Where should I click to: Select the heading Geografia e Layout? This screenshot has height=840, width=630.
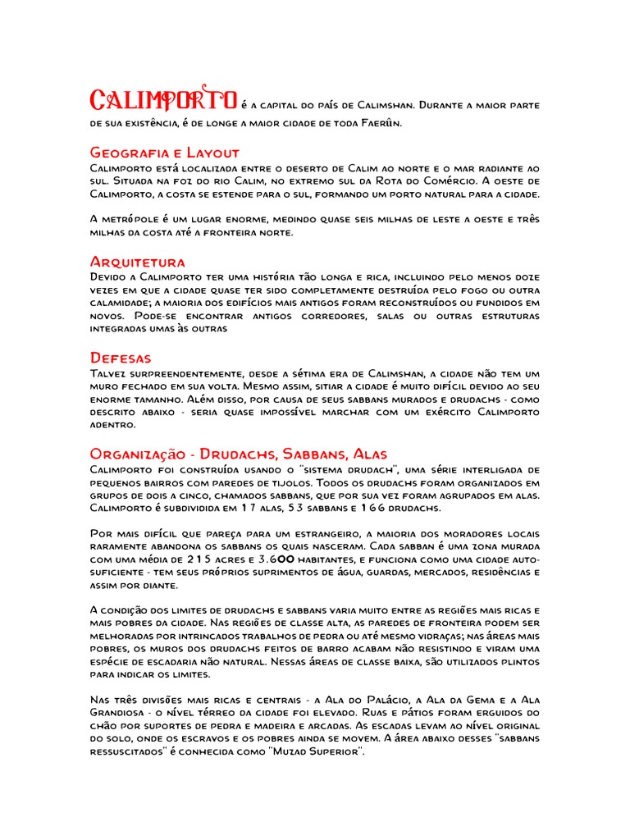(x=164, y=153)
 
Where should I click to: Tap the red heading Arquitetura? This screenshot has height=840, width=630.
(x=137, y=262)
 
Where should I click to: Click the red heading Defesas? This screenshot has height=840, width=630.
(x=120, y=358)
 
